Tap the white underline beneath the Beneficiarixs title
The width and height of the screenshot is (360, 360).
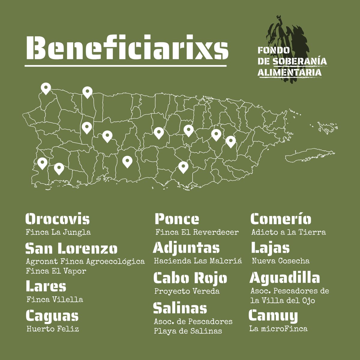126,65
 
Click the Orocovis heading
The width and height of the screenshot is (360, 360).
58,219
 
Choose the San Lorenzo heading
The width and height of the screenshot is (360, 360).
71,248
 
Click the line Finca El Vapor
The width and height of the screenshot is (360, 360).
56,271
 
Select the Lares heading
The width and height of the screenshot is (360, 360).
46,286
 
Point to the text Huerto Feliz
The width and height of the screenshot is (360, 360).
53,329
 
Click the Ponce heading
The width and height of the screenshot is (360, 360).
177,219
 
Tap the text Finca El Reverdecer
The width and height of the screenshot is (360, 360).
197,232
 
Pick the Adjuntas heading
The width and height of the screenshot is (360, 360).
186,248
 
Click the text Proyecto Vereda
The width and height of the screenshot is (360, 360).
187,291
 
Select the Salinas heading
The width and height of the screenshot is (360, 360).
180,308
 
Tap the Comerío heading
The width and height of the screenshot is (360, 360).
281,219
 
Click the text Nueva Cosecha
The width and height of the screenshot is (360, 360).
280,261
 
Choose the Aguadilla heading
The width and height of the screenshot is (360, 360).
285,278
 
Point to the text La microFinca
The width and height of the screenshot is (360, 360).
278,328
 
